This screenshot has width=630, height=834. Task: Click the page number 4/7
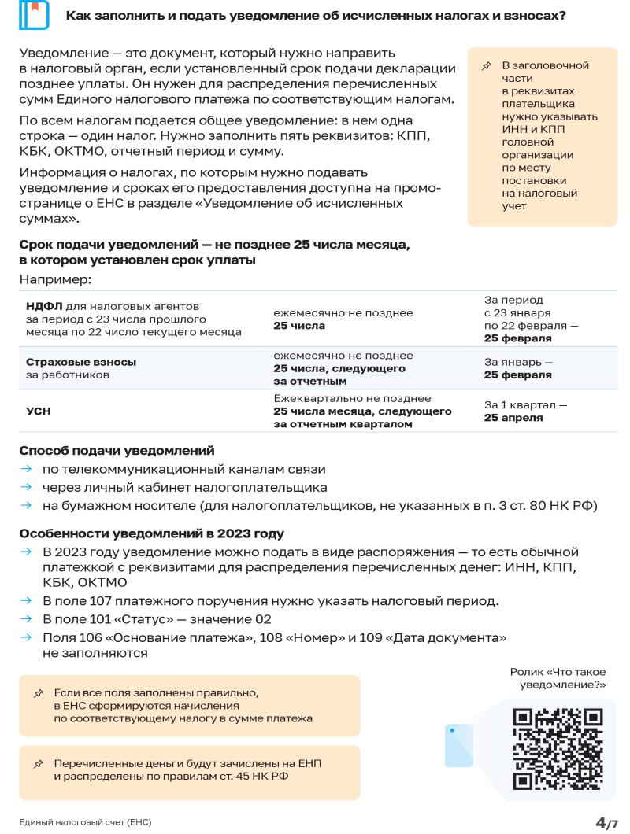point(606,821)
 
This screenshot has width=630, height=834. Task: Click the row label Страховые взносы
point(77,362)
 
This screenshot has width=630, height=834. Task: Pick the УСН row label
point(38,411)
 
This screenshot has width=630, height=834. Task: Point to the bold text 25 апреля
point(513,417)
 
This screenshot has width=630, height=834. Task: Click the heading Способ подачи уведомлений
point(117,452)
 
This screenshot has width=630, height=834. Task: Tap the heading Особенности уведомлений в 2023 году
point(151,533)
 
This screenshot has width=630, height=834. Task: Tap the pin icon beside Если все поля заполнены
point(38,693)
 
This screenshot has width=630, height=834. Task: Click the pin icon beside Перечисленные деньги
point(38,764)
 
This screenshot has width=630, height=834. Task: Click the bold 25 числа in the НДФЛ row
point(298,326)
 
